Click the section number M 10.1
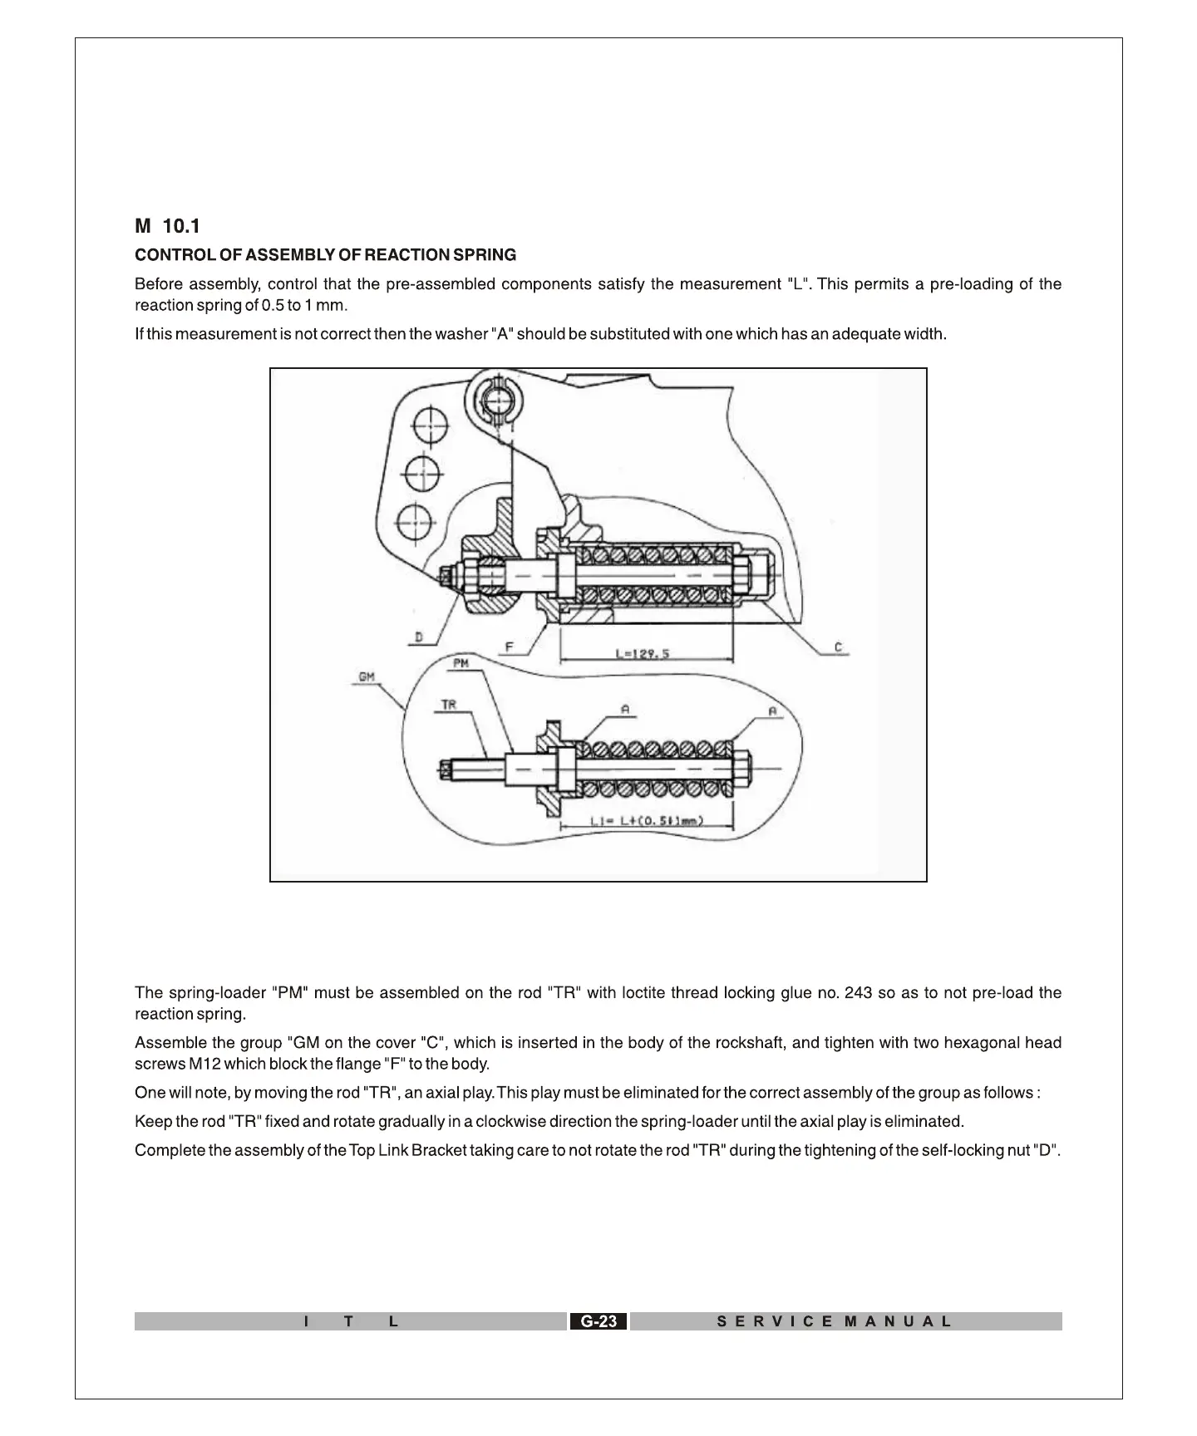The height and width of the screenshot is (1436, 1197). tap(167, 226)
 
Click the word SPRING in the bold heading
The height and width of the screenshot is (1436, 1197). tap(485, 255)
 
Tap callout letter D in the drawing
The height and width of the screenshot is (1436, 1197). tap(419, 637)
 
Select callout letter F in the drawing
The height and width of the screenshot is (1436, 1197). tap(508, 647)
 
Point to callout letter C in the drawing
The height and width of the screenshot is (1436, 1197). tap(838, 647)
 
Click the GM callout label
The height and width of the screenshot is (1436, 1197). tap(367, 677)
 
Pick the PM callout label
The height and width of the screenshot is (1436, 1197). tap(462, 663)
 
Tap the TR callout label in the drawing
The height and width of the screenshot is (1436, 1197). tap(449, 705)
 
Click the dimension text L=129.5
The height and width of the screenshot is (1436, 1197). tap(642, 653)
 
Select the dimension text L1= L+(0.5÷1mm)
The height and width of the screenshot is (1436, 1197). tap(647, 821)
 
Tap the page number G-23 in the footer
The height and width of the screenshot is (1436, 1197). tap(598, 1321)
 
